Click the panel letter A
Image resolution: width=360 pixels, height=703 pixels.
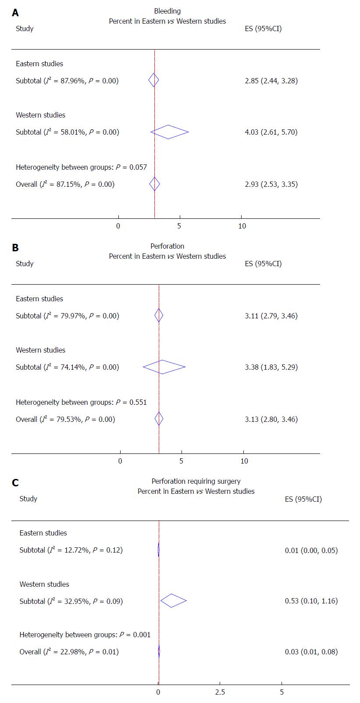coord(15,13)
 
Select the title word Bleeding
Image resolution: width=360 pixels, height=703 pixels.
coord(168,11)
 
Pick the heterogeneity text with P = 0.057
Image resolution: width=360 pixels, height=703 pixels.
coord(81,167)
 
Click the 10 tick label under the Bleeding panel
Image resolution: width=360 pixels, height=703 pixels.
coord(242,226)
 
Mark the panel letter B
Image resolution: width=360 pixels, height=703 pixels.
coord(15,248)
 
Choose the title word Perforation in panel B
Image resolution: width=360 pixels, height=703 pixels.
coord(168,246)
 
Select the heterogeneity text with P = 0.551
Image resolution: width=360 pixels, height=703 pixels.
coord(81,402)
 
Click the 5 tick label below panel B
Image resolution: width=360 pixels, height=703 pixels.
coord(182,461)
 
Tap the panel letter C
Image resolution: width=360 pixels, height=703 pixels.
coord(15,483)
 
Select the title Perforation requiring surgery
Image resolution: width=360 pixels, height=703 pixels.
coord(196,482)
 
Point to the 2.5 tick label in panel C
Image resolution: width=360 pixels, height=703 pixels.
coord(220,692)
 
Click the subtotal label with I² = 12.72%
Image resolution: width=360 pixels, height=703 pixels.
coord(71,550)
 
